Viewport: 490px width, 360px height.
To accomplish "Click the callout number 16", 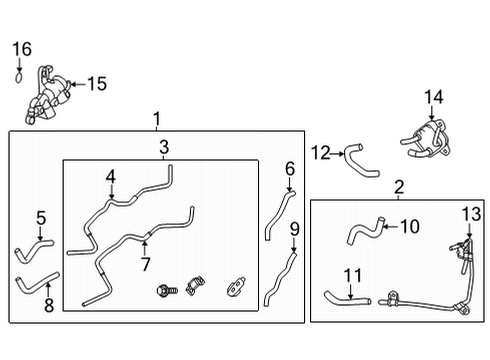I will pyautogui.click(x=22, y=48).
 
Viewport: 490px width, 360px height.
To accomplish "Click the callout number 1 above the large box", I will pyautogui.click(x=157, y=120).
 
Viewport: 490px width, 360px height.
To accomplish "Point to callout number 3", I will pyautogui.click(x=163, y=149).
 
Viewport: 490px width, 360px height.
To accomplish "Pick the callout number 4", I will pyautogui.click(x=111, y=177).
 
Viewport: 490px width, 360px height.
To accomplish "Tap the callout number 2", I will pyautogui.click(x=399, y=187).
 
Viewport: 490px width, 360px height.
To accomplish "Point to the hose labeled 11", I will pyautogui.click(x=346, y=296).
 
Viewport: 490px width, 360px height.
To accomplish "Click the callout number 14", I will pyautogui.click(x=432, y=97).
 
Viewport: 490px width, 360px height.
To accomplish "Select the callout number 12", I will pyautogui.click(x=319, y=153).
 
